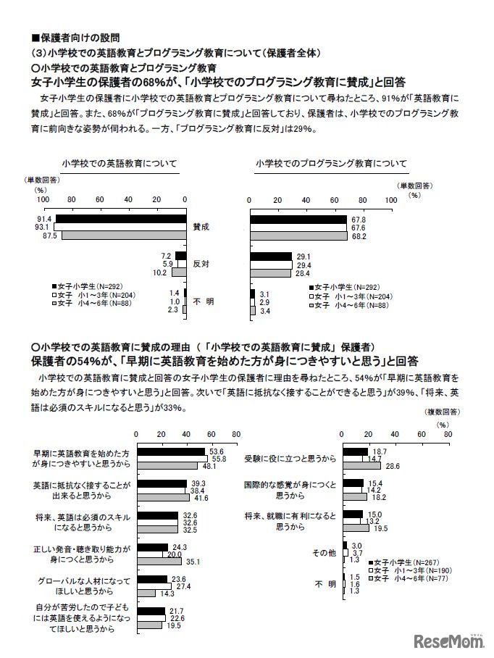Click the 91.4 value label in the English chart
(44, 219)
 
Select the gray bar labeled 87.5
(123, 236)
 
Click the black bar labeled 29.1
(270, 257)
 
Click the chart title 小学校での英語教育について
(120, 164)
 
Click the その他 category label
(324, 553)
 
